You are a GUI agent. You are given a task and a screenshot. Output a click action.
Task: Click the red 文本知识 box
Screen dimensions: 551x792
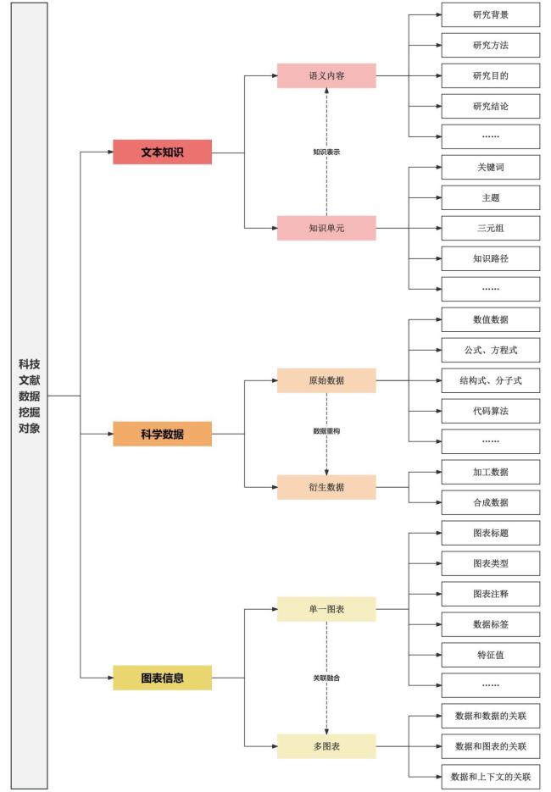click(162, 152)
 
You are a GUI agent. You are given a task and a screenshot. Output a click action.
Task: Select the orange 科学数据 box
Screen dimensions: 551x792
click(162, 434)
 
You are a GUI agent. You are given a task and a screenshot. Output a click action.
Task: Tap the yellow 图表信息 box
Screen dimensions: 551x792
click(162, 678)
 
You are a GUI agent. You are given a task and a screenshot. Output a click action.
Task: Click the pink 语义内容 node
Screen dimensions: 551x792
click(326, 75)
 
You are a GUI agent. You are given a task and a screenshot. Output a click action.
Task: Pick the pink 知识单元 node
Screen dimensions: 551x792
click(326, 229)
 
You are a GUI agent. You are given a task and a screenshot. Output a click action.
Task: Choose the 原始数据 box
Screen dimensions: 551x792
click(326, 380)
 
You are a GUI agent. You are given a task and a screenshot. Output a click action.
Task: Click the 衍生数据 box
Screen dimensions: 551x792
click(326, 487)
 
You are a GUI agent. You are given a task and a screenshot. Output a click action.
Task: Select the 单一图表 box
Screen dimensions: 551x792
click(326, 609)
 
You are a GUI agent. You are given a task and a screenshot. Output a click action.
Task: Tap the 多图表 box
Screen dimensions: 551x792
click(326, 746)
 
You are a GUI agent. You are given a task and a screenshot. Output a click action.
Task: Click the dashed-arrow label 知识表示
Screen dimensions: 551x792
click(326, 152)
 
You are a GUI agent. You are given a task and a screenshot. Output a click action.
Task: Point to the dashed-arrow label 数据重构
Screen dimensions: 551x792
click(326, 431)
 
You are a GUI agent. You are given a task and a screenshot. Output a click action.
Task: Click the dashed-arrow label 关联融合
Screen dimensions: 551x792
click(326, 678)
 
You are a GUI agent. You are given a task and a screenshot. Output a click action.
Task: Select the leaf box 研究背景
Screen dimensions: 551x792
click(491, 14)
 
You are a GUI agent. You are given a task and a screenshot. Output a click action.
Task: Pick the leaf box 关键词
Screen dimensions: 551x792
click(491, 167)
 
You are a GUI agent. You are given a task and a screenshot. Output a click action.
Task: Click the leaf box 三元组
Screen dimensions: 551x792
click(491, 229)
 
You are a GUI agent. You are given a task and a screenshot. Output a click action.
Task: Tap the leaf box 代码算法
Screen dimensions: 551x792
click(491, 411)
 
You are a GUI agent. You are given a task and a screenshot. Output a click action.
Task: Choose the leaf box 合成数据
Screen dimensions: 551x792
click(491, 502)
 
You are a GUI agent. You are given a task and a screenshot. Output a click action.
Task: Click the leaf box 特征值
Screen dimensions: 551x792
click(491, 655)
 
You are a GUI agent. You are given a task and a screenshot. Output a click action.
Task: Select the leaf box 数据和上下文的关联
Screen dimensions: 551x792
click(491, 777)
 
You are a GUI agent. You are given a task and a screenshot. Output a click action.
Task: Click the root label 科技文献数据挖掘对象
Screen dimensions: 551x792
click(30, 396)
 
